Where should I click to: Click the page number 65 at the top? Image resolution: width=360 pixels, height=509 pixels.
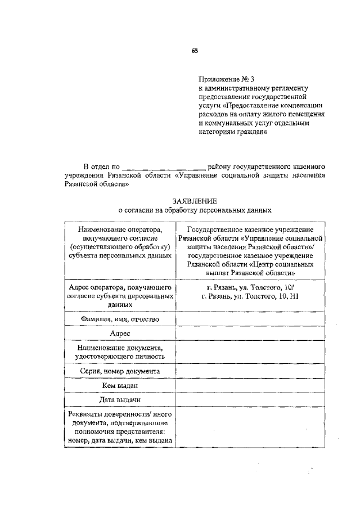point(195,50)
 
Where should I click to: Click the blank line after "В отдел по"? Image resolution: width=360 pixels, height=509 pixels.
point(164,166)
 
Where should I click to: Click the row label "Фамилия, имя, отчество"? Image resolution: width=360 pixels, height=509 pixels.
point(119,319)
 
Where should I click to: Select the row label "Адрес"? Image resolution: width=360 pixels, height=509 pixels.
point(120,333)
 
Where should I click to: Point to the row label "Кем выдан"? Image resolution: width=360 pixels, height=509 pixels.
point(120,386)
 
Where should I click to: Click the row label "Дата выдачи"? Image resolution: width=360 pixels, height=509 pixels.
point(120,399)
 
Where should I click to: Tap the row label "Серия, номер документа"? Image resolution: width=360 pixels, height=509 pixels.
point(119,371)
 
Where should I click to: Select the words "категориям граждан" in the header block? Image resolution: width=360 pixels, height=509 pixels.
point(231,133)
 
